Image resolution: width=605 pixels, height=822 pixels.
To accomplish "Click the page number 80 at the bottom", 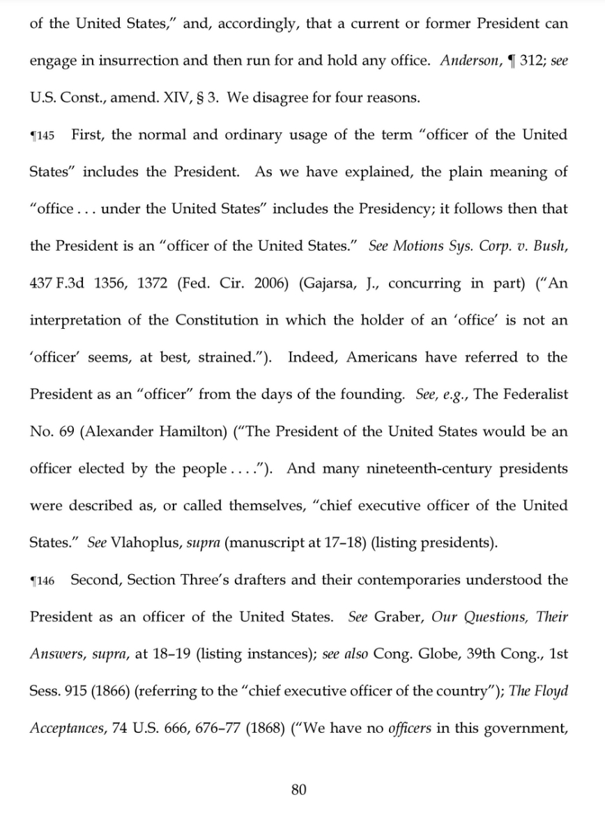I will [298, 789].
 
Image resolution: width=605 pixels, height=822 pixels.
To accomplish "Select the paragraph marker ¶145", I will [42, 135].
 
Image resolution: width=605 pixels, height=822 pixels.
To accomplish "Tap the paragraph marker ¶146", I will [42, 580].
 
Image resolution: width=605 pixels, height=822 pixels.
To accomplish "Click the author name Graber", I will [398, 617].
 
